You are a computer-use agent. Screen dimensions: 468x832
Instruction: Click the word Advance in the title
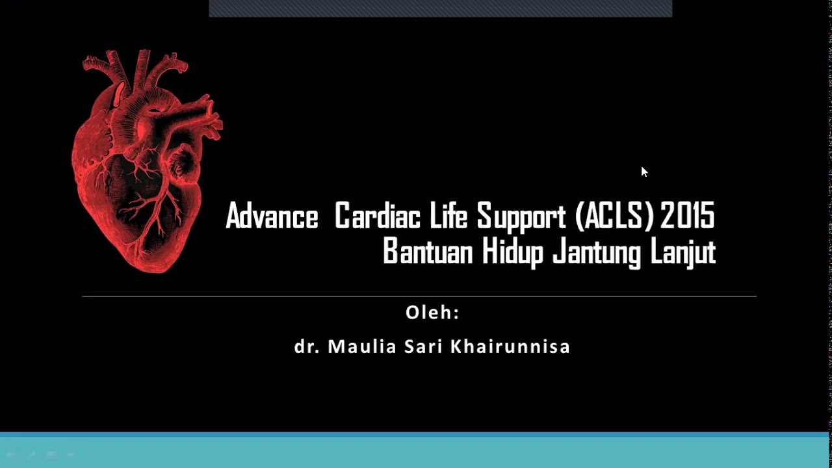click(272, 216)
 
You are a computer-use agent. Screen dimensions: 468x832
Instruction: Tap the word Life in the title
click(448, 216)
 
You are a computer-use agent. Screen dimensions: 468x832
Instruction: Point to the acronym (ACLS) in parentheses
click(614, 216)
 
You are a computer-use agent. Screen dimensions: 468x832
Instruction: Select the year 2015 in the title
click(688, 216)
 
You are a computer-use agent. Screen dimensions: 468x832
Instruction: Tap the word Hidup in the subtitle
click(512, 252)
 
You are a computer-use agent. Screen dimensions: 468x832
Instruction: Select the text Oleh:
click(432, 313)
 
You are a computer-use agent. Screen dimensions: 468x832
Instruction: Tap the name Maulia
click(362, 346)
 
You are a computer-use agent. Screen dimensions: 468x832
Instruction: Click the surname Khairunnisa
click(510, 346)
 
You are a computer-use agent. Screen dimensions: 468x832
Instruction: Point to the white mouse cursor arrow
click(644, 172)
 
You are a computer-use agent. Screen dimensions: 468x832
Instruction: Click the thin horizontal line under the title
click(419, 296)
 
